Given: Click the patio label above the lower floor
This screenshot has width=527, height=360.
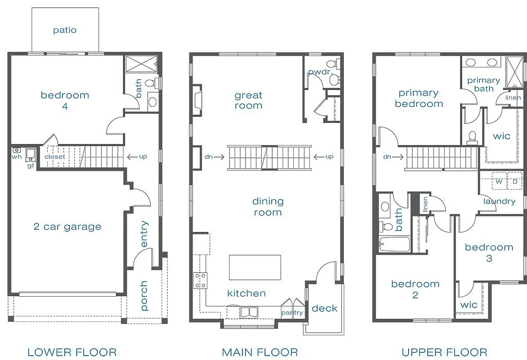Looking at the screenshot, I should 64,30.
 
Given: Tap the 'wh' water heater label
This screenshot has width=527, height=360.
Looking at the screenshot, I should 16,157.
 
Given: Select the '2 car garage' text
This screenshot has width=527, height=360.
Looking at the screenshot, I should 67,227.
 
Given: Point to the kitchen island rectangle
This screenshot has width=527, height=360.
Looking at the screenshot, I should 255,267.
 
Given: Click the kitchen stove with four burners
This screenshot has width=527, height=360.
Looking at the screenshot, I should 200,281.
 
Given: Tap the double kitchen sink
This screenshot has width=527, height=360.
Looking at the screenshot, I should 249,312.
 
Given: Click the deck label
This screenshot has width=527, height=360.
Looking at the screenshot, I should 324,309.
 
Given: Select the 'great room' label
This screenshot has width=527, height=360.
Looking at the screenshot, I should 249,100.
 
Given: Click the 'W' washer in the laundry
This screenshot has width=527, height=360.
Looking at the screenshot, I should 499,182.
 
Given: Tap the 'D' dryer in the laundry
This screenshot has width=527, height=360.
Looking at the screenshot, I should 514,182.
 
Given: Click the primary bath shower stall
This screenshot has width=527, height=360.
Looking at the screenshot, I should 514,71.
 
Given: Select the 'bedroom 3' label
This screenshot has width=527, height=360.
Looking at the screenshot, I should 488,253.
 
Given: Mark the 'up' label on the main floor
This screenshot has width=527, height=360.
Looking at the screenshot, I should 329,156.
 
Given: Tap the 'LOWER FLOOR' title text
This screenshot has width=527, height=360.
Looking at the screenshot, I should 72,352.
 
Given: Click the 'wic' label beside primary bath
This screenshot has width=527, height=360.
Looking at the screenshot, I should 501,136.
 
